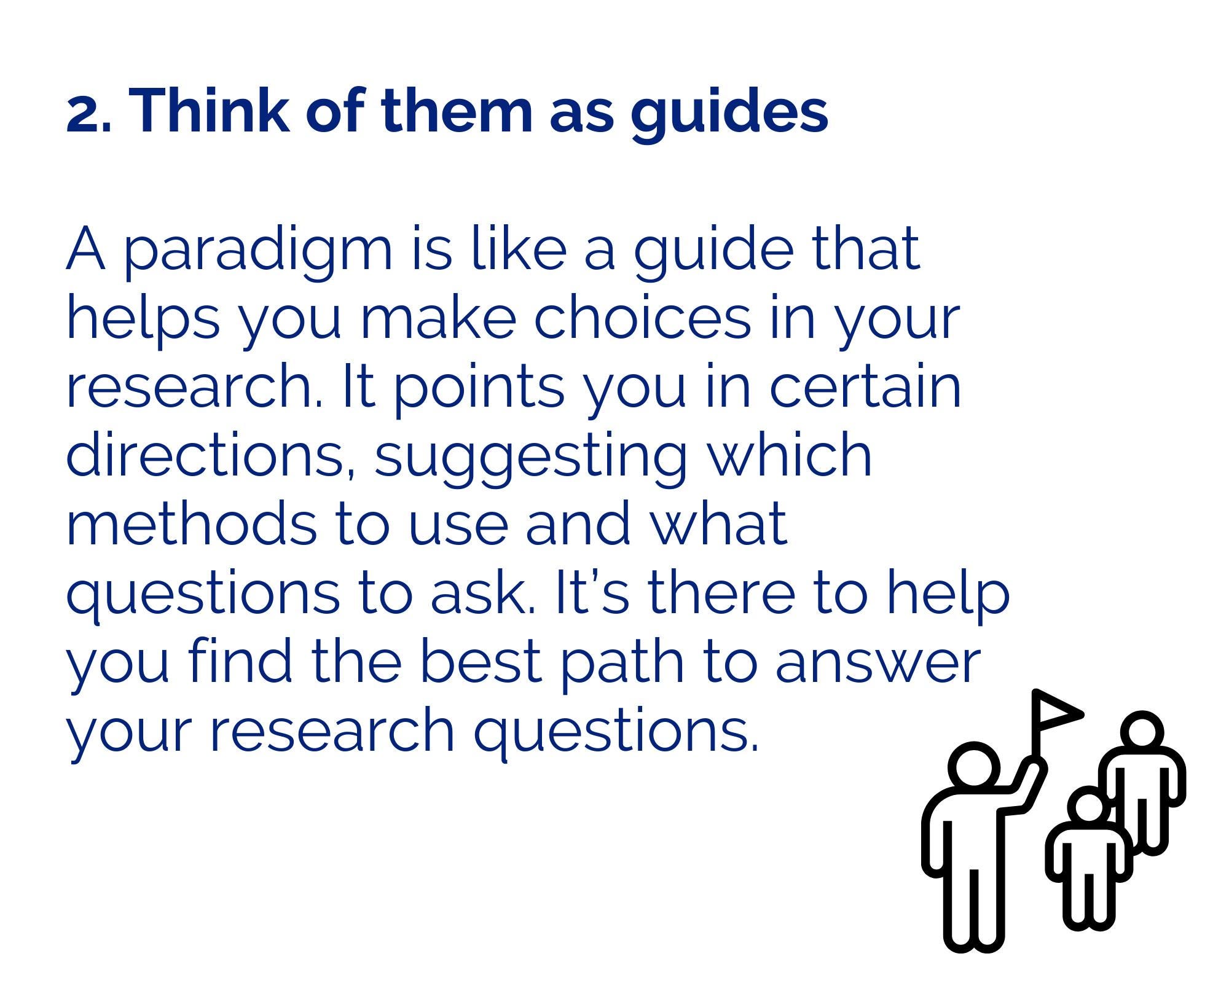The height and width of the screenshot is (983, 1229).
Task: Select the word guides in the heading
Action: coord(729,114)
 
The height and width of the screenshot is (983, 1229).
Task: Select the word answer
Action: coord(877,664)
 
